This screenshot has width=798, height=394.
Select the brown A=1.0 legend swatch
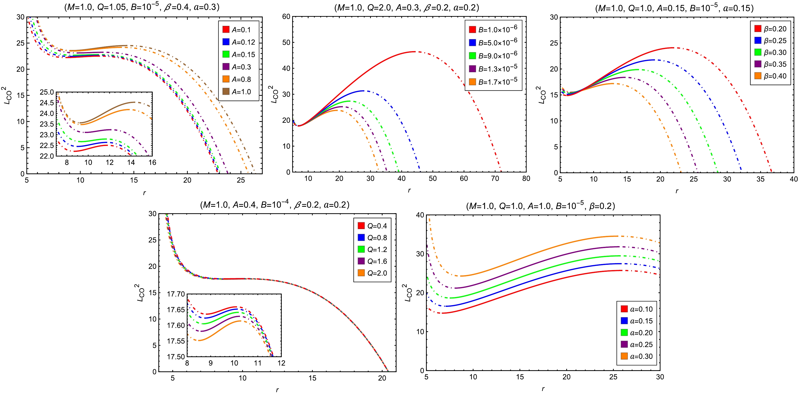click(x=226, y=91)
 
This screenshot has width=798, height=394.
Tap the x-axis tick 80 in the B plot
click(x=526, y=179)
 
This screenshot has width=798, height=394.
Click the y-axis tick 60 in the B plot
click(x=286, y=17)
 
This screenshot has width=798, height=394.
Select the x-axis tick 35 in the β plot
click(x=760, y=179)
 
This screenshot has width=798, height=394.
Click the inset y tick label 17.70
click(x=176, y=294)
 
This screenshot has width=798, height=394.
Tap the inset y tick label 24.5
click(x=47, y=103)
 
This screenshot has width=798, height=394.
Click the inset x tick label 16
click(x=152, y=162)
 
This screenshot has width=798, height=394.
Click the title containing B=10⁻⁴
click(x=275, y=205)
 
